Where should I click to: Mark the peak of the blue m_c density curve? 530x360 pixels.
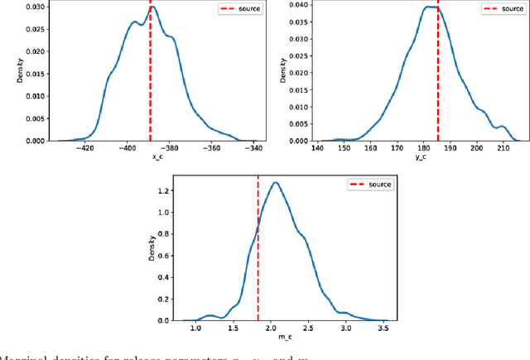click(x=276, y=182)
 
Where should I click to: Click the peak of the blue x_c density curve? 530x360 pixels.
click(x=152, y=7)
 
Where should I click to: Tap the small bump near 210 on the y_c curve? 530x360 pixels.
click(x=501, y=127)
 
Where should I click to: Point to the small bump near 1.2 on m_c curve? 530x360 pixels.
click(x=210, y=314)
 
